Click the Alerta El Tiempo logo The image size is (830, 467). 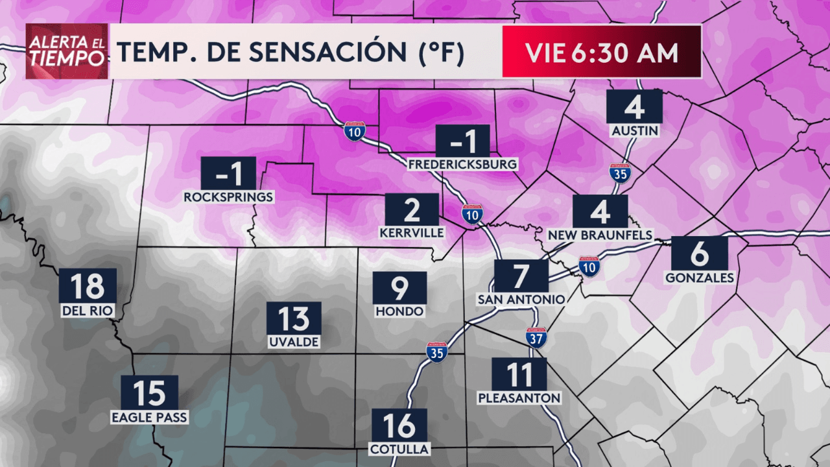[67, 51]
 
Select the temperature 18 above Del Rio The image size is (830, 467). [88, 286]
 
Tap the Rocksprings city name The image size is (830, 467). [229, 197]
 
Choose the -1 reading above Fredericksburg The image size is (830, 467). [462, 141]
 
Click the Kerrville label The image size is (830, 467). [412, 232]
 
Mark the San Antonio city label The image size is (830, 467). [521, 299]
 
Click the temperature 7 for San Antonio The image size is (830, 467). [521, 276]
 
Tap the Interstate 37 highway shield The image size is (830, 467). [536, 337]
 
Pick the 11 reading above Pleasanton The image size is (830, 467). [519, 375]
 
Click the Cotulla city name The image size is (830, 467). [399, 449]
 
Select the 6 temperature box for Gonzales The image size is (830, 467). [699, 254]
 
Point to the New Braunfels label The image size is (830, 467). [600, 234]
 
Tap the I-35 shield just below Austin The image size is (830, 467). [621, 173]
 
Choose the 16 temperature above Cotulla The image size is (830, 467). [399, 425]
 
